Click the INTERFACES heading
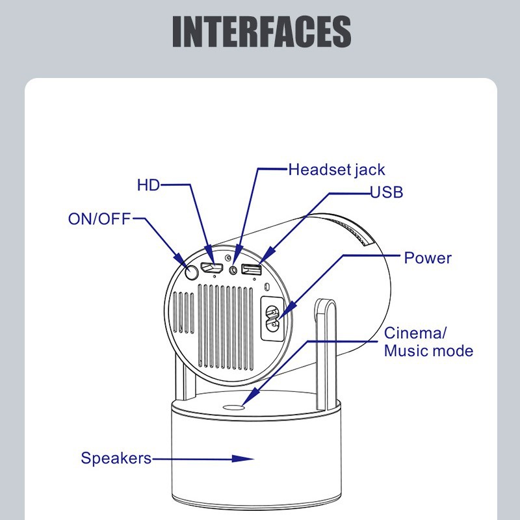click(x=261, y=31)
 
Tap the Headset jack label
click(x=336, y=170)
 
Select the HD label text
click(x=148, y=185)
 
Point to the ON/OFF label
click(x=99, y=218)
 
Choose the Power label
click(x=427, y=258)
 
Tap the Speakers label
click(x=116, y=458)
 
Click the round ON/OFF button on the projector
click(x=190, y=272)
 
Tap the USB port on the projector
click(x=252, y=268)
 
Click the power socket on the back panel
click(x=272, y=318)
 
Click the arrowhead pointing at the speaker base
click(x=244, y=458)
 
